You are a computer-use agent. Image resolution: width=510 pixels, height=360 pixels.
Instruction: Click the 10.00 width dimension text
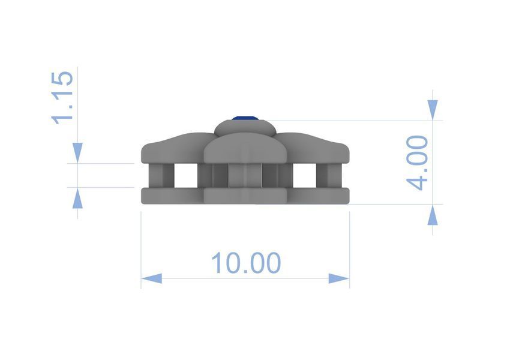point(246,262)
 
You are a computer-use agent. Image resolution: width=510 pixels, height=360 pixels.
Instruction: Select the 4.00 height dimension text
point(418,163)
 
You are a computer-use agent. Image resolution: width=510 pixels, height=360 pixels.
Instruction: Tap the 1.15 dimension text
point(62,98)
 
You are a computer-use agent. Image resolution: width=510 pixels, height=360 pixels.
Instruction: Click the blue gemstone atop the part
point(245,118)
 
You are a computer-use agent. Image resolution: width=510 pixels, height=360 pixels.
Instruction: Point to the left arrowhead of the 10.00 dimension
point(152,278)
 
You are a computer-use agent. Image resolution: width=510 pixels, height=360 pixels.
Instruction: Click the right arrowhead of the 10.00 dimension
point(339,278)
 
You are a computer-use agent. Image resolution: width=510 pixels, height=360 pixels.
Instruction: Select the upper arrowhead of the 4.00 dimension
point(432,110)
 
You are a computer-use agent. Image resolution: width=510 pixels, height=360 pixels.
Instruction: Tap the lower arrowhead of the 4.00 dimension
point(432,215)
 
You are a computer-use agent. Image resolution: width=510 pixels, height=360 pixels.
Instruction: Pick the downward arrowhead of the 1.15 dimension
point(77,153)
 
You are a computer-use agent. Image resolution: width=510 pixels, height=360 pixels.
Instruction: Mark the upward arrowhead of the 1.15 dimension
point(77,198)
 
